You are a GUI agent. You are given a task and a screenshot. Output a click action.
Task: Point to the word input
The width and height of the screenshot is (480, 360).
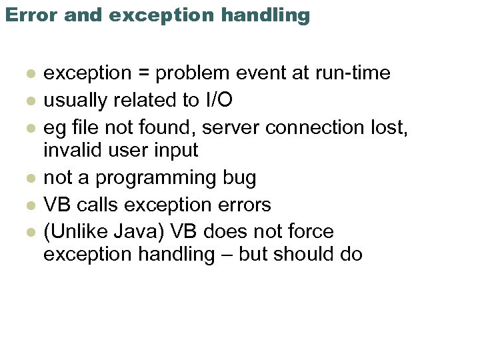[x=175, y=151]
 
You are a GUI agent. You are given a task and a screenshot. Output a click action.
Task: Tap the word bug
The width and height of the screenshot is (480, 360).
[x=238, y=177]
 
